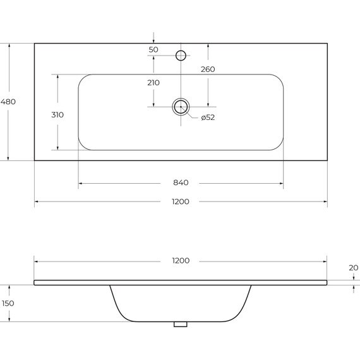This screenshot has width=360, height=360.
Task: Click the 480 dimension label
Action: click(x=8, y=102)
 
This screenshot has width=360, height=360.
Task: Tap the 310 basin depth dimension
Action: click(x=57, y=114)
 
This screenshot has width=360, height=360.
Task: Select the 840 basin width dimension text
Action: click(x=181, y=183)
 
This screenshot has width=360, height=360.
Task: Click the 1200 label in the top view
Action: click(x=181, y=201)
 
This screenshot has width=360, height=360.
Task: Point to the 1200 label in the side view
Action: click(x=181, y=261)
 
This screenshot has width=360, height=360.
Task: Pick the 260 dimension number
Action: click(x=208, y=69)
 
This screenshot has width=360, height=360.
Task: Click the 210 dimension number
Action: click(x=153, y=83)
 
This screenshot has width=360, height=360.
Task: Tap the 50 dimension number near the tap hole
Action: click(x=153, y=50)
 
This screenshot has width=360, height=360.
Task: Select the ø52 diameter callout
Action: click(x=208, y=117)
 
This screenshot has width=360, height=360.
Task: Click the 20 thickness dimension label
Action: click(x=353, y=268)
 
